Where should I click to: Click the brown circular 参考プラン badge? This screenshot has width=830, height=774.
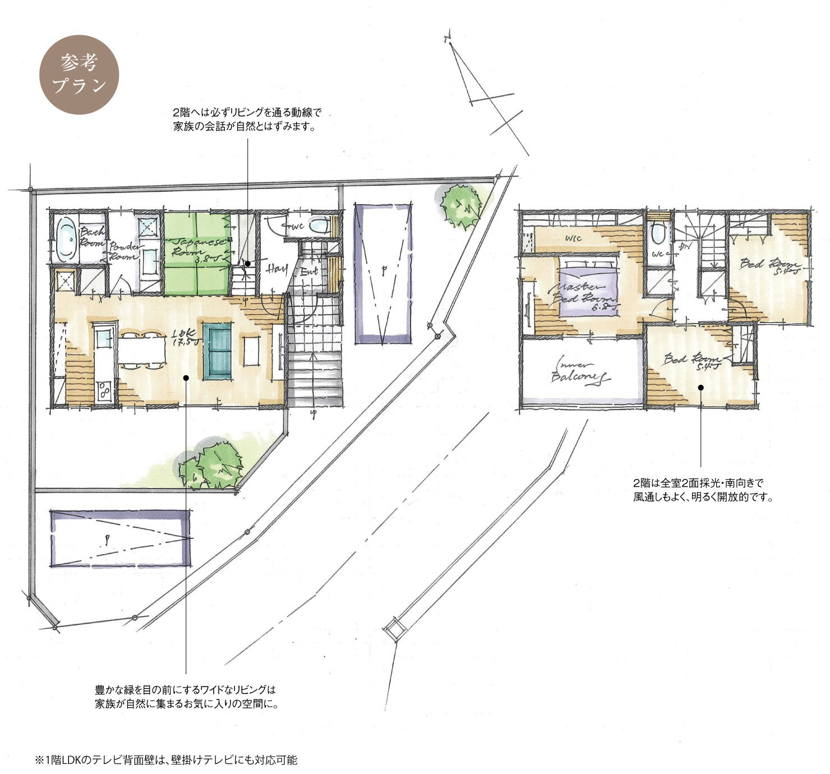tap(79, 75)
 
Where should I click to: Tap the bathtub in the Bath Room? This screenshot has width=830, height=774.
tap(66, 239)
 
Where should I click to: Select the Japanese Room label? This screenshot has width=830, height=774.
tap(198, 247)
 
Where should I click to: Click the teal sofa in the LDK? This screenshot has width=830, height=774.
tap(217, 351)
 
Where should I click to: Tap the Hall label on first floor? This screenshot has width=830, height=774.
tap(276, 269)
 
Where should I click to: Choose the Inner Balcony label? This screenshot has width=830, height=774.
tap(580, 371)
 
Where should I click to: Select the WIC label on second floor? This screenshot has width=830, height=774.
tap(573, 238)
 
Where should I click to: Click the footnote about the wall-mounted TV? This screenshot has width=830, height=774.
tap(166, 760)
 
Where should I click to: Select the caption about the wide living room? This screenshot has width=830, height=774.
tap(186, 696)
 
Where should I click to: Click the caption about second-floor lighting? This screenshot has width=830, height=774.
tap(703, 490)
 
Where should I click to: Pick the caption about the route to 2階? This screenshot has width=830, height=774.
tap(247, 119)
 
